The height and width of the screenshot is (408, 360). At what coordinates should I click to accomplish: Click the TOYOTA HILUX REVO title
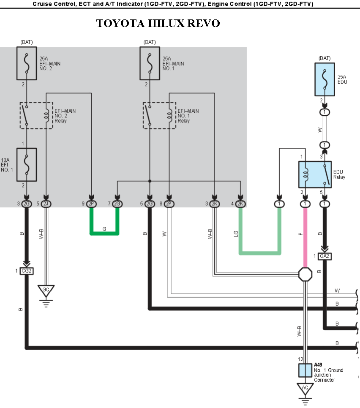tap(158, 23)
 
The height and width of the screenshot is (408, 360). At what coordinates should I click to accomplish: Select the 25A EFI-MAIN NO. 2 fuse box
tap(26, 63)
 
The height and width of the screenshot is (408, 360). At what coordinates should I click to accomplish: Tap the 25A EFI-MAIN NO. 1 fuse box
tap(150, 63)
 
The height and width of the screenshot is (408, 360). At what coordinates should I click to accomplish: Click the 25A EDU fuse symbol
tap(325, 79)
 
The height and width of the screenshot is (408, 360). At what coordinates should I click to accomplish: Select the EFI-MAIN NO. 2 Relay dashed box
tap(36, 115)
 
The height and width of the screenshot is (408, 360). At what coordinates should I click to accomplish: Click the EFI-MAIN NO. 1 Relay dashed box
tap(160, 115)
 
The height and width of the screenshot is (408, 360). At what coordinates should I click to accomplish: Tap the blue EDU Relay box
tap(315, 174)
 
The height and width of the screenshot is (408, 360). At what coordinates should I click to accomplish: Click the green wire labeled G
tap(104, 233)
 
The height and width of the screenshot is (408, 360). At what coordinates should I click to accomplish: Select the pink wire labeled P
tap(305, 237)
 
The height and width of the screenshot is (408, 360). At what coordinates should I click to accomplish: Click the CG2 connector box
tap(26, 271)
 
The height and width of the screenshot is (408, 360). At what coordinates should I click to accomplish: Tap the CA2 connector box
tap(325, 256)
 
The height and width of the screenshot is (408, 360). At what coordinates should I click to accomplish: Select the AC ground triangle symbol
tap(305, 388)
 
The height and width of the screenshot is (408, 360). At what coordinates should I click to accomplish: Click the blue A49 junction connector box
tap(305, 370)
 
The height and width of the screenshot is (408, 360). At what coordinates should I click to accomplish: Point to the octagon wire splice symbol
tap(305, 274)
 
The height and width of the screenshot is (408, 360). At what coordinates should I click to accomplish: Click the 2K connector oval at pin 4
tap(240, 204)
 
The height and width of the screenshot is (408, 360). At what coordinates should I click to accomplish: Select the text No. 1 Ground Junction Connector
tap(328, 375)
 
